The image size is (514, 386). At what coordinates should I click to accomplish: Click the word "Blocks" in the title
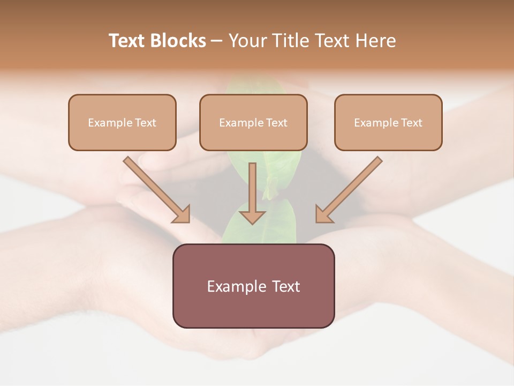[x=178, y=41]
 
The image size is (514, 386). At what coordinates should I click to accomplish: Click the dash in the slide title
[x=217, y=41]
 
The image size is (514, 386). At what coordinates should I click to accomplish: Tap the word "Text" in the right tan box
[x=412, y=123]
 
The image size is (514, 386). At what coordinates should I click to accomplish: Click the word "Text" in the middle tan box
[x=277, y=123]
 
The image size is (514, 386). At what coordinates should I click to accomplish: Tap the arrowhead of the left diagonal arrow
[x=182, y=215]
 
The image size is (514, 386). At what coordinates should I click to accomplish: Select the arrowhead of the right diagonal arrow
[x=323, y=215]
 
